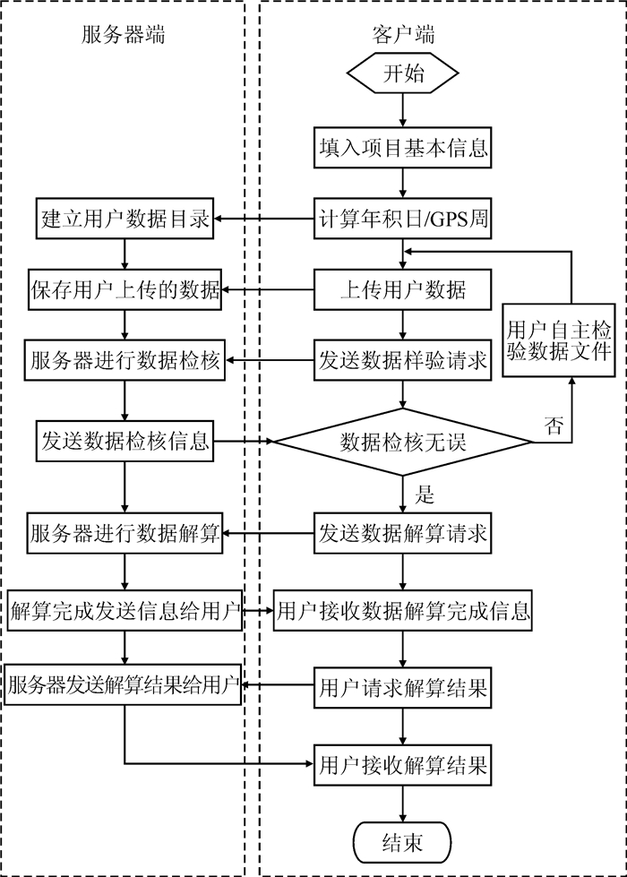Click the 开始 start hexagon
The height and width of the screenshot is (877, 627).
pos(403,73)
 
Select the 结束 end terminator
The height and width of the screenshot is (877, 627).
pos(402,842)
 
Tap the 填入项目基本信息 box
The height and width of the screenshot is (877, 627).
pos(403,148)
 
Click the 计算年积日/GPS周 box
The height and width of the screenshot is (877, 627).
pos(403,219)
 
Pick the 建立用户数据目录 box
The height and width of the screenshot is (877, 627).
pos(125,219)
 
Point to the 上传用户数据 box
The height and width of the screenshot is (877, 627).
pos(403,289)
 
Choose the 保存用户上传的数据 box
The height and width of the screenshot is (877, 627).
pos(125,289)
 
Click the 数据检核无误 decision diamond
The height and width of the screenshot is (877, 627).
pos(403,442)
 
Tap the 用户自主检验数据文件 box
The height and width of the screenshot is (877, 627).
pos(559,340)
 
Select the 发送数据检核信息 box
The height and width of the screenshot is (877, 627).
pos(125,442)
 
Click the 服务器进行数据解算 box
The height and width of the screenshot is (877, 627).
pos(125,533)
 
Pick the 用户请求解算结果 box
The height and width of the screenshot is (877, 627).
pos(403,687)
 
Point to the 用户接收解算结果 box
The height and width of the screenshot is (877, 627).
pos(403,765)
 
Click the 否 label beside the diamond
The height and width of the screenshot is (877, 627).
pos(554,426)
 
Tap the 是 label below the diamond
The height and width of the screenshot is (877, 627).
pos(425,494)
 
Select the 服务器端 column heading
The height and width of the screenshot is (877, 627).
pos(123,35)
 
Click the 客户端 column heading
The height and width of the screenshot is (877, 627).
pos(403,35)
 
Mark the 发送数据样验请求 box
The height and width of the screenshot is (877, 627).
pos(403,360)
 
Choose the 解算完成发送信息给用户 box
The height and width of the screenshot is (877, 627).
pos(125,610)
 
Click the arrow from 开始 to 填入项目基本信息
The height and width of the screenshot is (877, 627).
pos(403,111)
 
